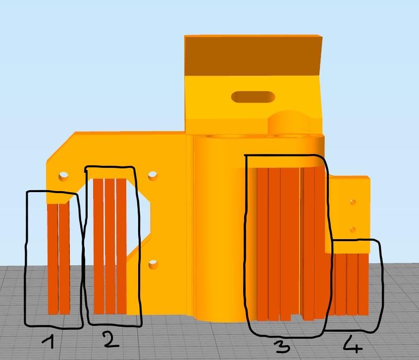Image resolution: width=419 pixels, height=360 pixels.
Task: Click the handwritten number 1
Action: [x=49, y=342]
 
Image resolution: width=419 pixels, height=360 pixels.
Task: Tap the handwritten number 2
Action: [x=111, y=339]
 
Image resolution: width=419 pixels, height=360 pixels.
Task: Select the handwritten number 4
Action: [x=353, y=344]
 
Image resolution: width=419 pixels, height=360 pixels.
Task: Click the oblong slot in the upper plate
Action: [x=253, y=97]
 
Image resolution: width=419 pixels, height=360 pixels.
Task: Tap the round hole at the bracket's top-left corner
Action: [x=63, y=176]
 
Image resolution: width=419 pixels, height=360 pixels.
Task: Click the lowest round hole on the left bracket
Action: [x=153, y=265]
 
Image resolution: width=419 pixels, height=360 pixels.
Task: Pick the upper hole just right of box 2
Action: [x=153, y=175]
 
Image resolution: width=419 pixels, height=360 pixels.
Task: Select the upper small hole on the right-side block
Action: [x=353, y=203]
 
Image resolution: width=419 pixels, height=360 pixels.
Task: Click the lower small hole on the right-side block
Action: [x=353, y=230]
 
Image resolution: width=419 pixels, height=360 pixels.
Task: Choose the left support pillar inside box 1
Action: [x=52, y=259]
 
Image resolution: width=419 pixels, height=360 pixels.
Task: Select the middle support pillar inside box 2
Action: [x=110, y=247]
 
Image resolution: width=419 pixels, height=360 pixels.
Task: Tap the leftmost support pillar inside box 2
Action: [x=99, y=247]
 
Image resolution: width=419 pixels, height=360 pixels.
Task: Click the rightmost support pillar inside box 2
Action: [x=121, y=247]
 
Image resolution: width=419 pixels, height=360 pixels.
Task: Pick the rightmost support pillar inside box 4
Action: [x=363, y=284]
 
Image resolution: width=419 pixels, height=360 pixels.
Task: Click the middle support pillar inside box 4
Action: [x=352, y=284]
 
